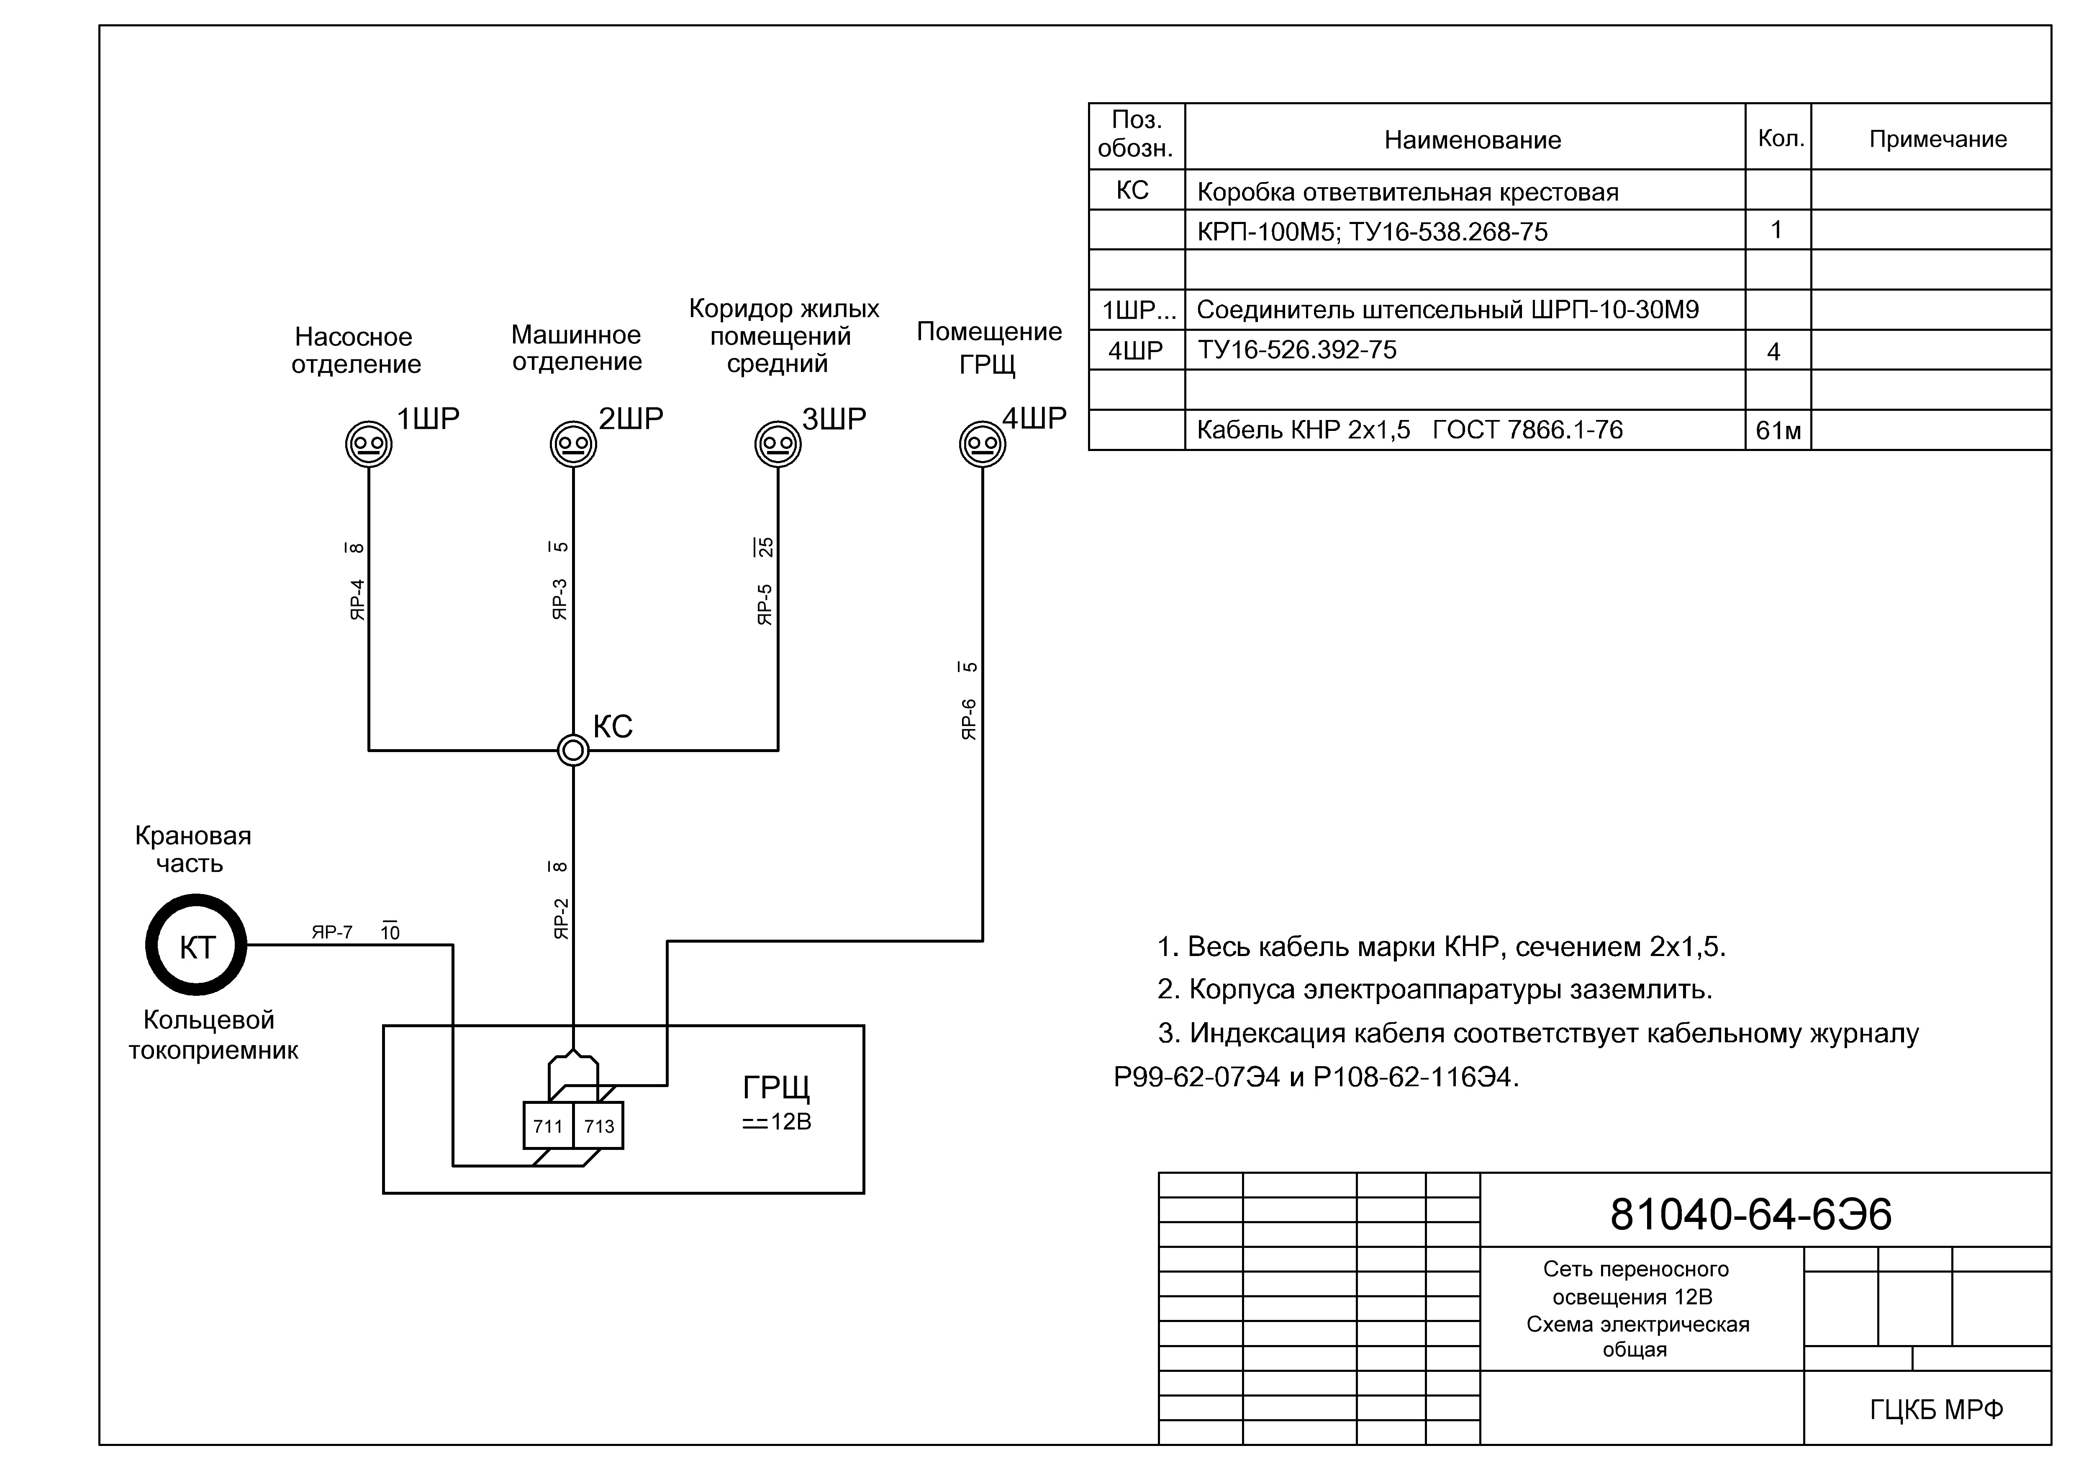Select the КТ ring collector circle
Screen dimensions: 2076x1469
tap(196, 945)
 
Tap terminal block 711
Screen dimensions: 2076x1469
tap(549, 1126)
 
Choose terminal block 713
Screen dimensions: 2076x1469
tap(598, 1126)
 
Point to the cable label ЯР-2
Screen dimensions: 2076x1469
tap(561, 918)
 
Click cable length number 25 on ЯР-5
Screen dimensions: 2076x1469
tap(765, 547)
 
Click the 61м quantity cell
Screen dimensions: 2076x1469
tap(1778, 430)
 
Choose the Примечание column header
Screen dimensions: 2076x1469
tap(1937, 139)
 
